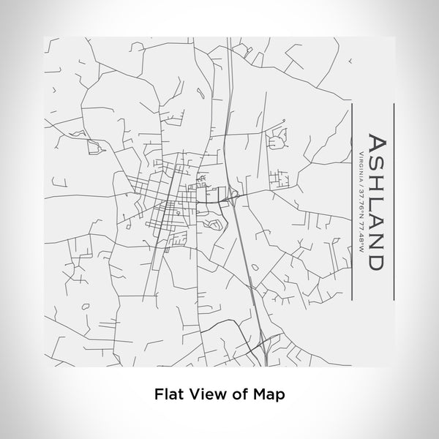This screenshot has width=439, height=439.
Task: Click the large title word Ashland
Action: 375,201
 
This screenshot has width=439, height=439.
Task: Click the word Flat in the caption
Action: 170,393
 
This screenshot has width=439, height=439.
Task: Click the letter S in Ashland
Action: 375,165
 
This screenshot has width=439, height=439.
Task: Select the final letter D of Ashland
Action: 375,260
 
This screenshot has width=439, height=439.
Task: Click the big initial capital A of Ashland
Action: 377,144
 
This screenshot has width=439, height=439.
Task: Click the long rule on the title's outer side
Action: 394,201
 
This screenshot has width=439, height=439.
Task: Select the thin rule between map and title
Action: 353,201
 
